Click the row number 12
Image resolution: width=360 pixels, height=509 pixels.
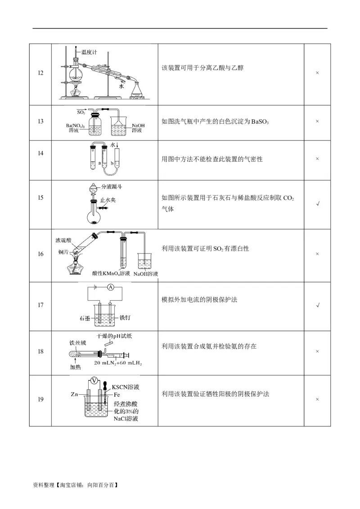pos(40,73)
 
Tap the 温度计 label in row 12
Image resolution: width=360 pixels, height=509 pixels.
pos(89,52)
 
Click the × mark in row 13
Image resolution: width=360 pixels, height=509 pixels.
pos(317,121)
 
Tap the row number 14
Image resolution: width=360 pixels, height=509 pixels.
pos(40,153)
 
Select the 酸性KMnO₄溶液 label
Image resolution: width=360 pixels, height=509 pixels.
pos(111,273)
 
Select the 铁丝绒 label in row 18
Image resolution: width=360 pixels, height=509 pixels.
pos(77,343)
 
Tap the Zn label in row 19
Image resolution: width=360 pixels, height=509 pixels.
pos(75,394)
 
